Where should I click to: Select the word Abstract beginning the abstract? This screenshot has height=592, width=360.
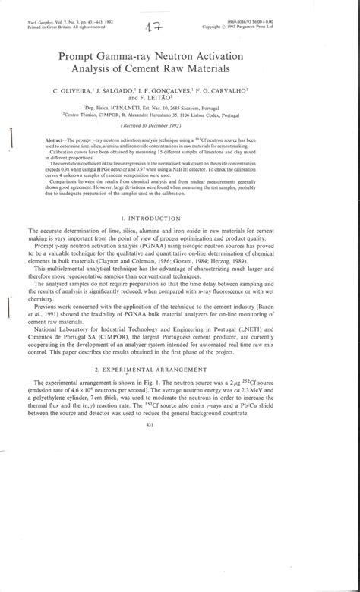(x=58, y=142)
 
